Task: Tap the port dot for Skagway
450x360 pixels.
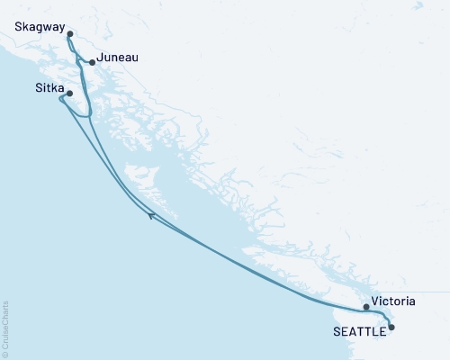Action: (70, 34)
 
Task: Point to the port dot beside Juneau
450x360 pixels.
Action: (92, 62)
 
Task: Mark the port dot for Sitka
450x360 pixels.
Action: (69, 92)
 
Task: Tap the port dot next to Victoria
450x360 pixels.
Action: (365, 307)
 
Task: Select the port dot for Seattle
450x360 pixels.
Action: (391, 328)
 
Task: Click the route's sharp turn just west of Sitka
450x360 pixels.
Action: (60, 99)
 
